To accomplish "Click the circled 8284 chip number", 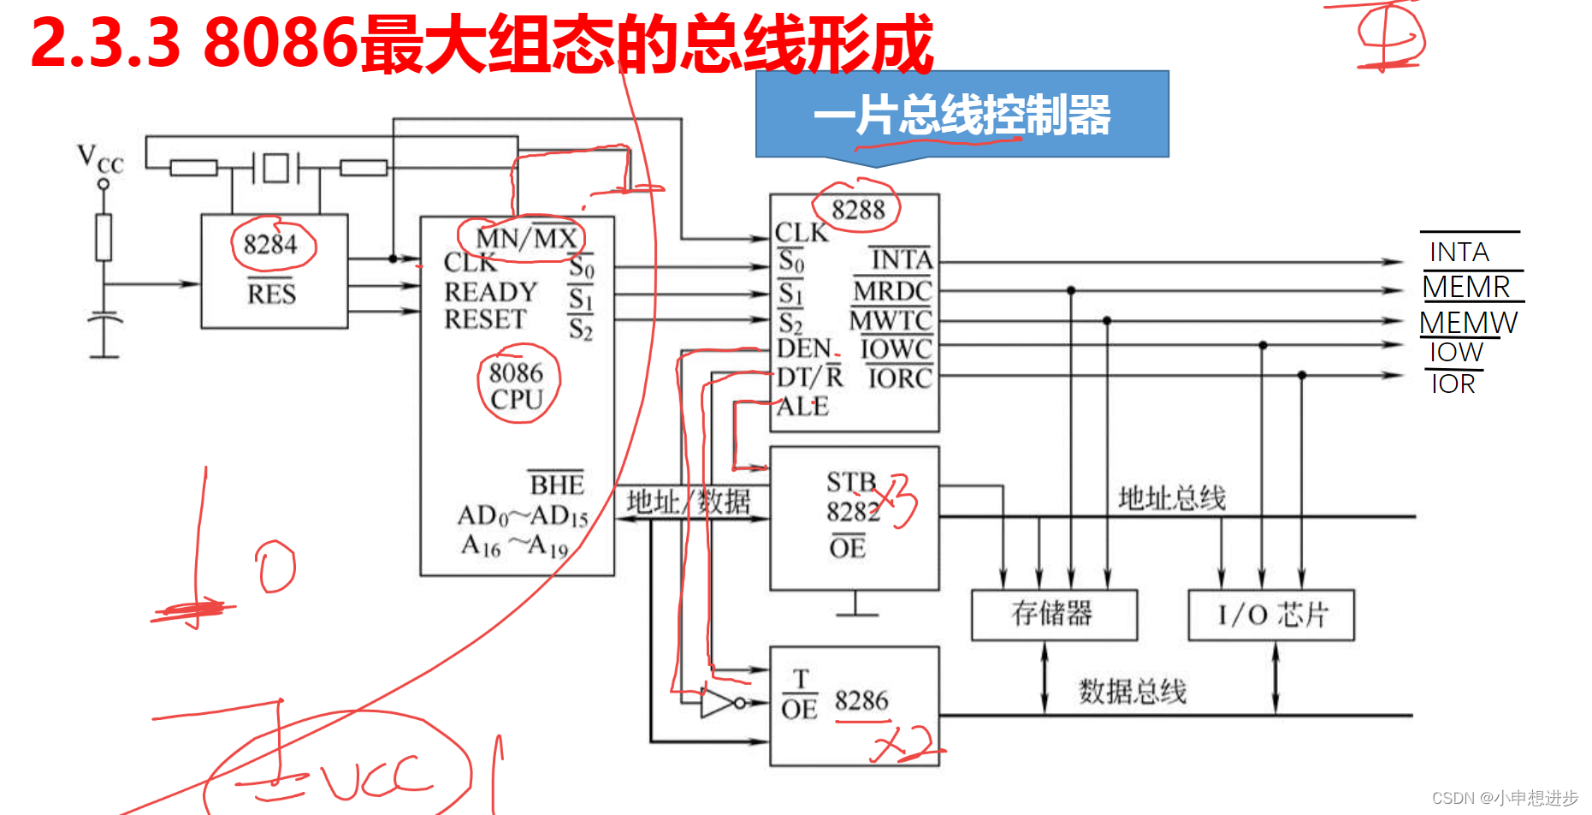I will [x=271, y=245].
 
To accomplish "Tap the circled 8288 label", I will [x=858, y=209].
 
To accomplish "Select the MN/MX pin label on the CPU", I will [x=526, y=238].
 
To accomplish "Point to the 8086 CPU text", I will [x=517, y=386].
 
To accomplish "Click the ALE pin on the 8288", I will [x=802, y=407].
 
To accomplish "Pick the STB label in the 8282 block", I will [x=851, y=482].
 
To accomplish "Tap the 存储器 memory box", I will [x=1053, y=614].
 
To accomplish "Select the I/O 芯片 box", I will [x=1271, y=614].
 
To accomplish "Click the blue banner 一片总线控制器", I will [x=962, y=115].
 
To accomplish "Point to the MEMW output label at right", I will [x=1468, y=323].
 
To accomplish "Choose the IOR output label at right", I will [x=1453, y=384].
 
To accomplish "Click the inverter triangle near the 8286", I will [x=715, y=703].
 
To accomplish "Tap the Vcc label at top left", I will [x=100, y=159].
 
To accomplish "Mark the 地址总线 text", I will [x=1171, y=498].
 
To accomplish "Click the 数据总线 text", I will [x=1132, y=692].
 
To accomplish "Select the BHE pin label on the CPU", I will [x=556, y=485].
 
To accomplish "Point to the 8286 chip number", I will [x=861, y=701].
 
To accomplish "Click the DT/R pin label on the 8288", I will [x=809, y=378].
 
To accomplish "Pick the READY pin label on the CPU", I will [x=490, y=292].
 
